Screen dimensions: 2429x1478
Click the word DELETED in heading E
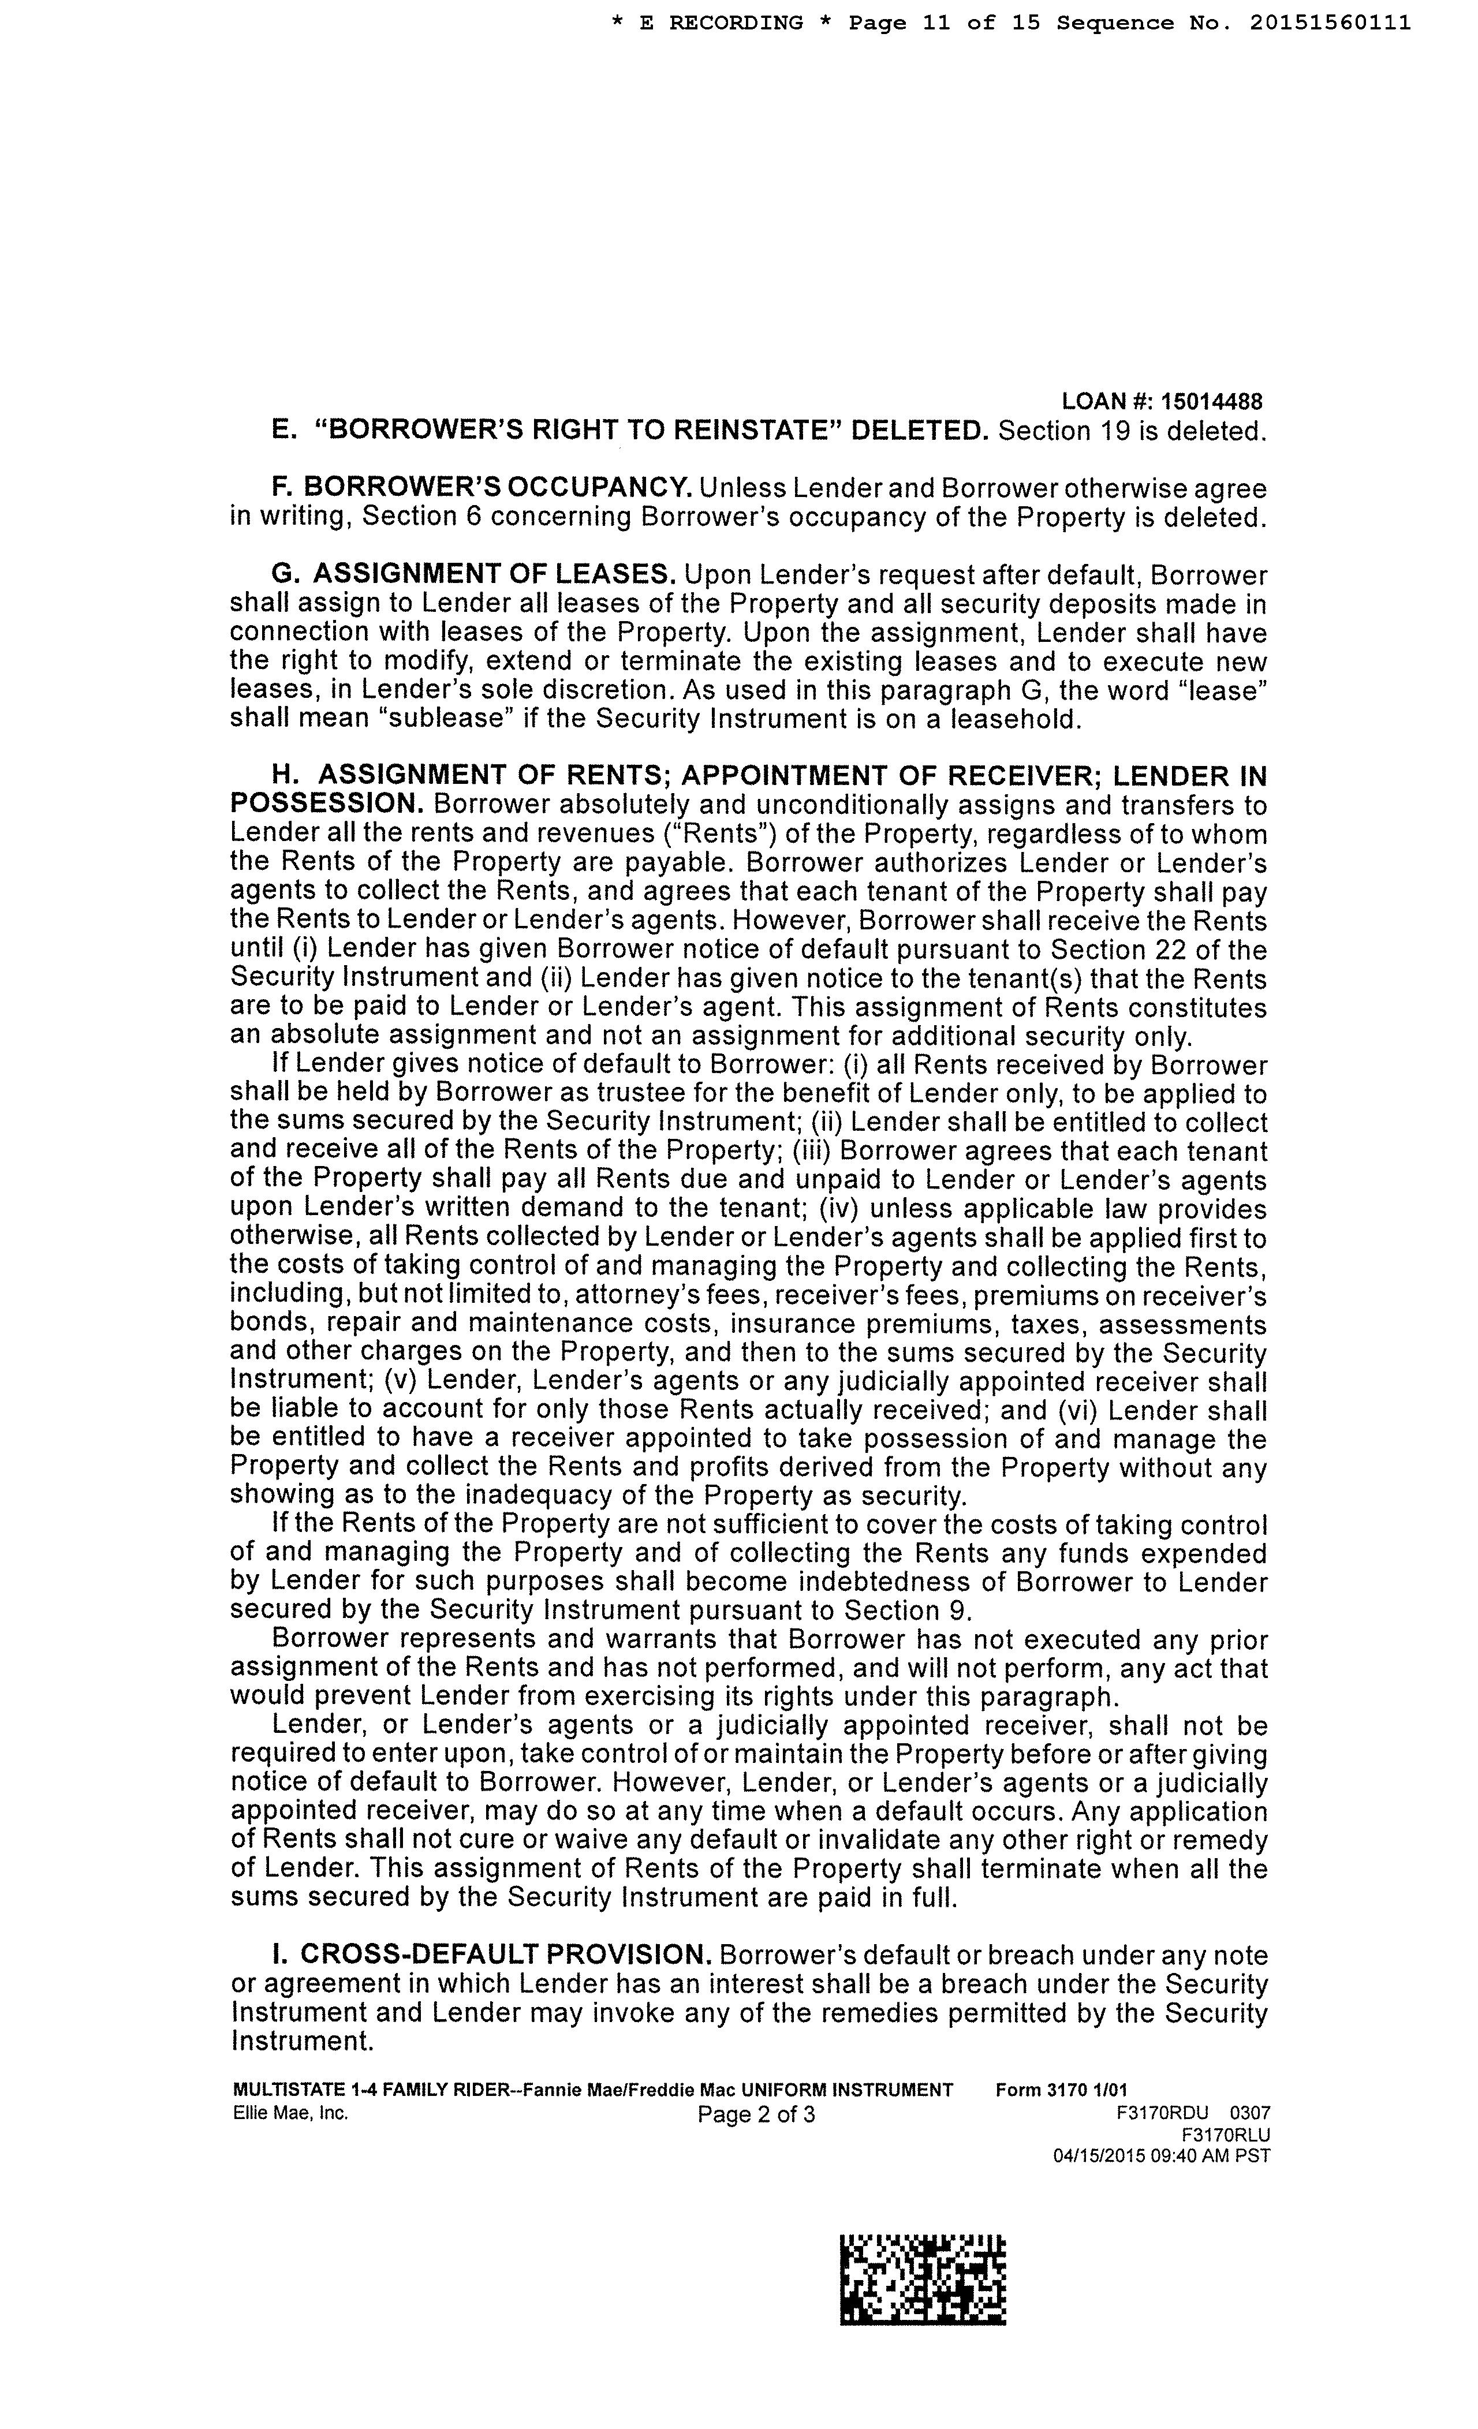click(918, 431)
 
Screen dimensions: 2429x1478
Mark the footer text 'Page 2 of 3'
click(755, 2114)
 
